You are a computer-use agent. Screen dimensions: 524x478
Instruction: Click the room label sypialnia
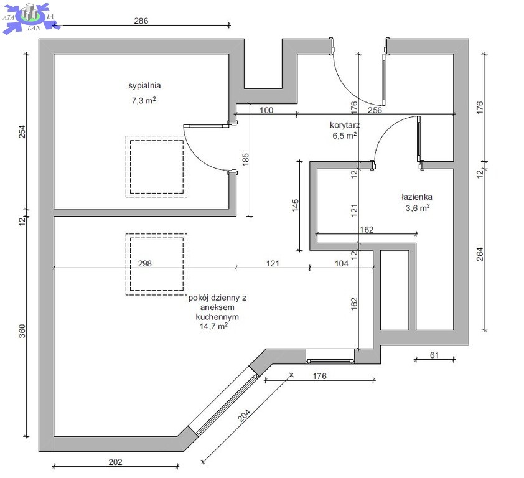(144, 85)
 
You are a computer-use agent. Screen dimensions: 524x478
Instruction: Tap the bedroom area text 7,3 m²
(144, 100)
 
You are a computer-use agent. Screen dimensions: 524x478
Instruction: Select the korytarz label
(345, 125)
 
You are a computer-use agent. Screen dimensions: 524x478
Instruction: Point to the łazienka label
(417, 197)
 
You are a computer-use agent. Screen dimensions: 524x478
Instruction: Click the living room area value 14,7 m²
(213, 326)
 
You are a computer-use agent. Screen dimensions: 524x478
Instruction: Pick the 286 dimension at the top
(141, 21)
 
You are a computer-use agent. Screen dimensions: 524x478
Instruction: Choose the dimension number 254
(22, 131)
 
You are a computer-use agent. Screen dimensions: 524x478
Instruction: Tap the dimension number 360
(22, 331)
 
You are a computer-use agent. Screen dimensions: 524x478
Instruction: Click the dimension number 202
(115, 462)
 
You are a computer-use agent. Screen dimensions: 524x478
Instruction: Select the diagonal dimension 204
(244, 416)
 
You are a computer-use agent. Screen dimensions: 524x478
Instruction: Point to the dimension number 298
(145, 263)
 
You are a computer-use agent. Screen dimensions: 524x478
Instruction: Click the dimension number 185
(246, 160)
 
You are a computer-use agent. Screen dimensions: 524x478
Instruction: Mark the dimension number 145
(296, 205)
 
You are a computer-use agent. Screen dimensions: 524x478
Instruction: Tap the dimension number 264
(480, 254)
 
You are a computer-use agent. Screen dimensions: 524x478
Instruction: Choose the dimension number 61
(434, 355)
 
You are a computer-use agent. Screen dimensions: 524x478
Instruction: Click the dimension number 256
(375, 110)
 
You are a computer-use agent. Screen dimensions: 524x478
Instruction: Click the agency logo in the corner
(31, 17)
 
